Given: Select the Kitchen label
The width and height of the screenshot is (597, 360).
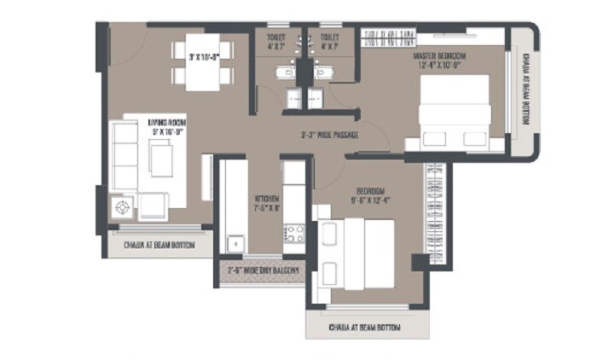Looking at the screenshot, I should point(265,200).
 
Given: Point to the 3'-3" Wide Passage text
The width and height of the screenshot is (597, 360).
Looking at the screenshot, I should point(328,135).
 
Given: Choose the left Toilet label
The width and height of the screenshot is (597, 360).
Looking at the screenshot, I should point(275,38).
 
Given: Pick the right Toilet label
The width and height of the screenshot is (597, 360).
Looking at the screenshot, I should point(329,38).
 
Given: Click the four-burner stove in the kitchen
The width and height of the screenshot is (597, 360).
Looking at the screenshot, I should point(295,232).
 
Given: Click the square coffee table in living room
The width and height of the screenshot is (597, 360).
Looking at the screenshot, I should point(160,158).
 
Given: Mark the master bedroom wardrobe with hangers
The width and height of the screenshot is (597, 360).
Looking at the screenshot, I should point(390,38).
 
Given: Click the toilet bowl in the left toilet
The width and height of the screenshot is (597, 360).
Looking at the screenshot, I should point(276,73).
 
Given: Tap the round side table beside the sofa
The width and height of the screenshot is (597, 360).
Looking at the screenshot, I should point(122,206).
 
